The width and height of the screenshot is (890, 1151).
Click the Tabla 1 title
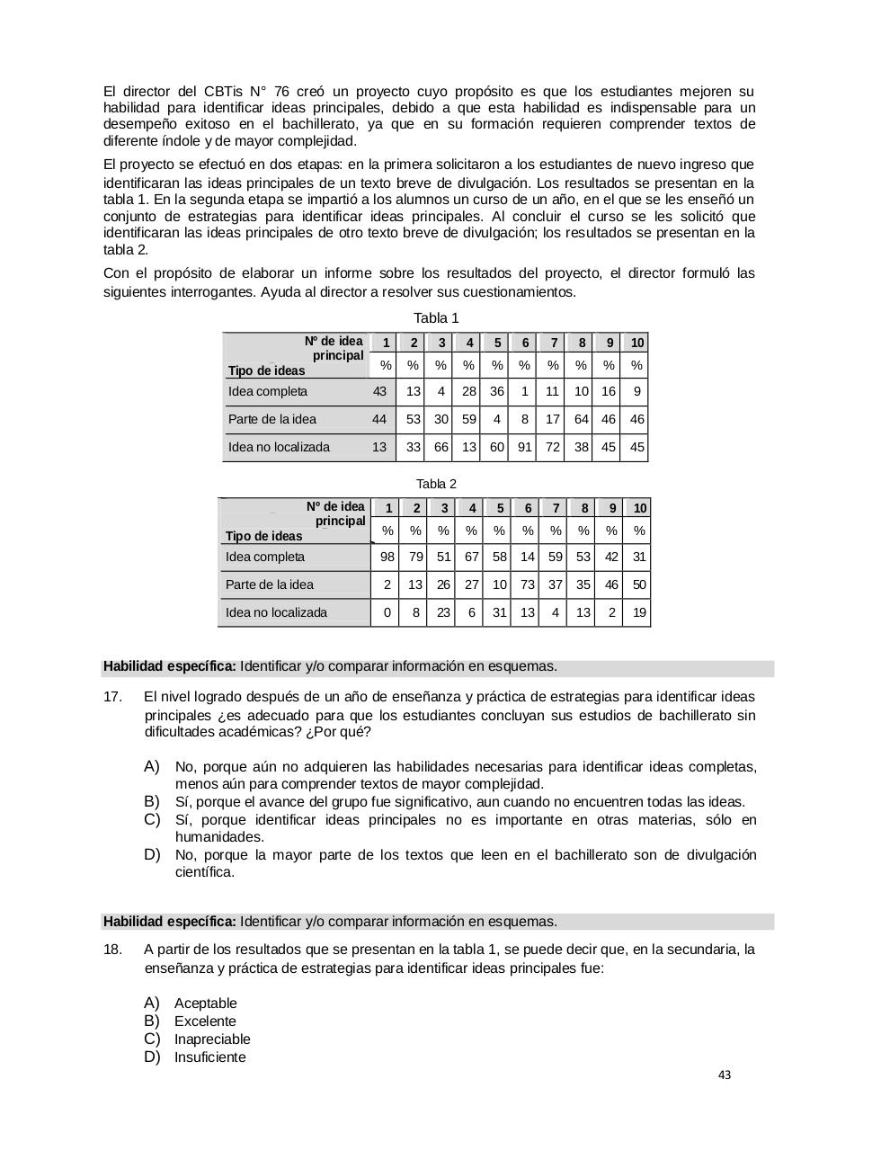(436, 318)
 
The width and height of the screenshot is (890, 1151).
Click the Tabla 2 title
(436, 484)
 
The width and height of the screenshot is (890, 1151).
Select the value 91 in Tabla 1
(524, 447)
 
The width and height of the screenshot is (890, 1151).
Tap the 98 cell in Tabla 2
(387, 557)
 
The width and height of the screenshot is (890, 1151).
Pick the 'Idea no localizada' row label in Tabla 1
(279, 447)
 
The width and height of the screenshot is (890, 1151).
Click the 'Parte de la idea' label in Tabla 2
(270, 584)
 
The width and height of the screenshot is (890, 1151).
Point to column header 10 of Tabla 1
(636, 343)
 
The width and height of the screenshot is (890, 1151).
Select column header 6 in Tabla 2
(528, 508)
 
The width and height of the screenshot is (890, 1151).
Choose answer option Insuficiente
(209, 1057)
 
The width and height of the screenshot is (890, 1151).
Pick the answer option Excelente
(205, 1022)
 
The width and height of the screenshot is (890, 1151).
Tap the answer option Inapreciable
(212, 1039)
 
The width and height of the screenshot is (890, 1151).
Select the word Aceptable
(206, 1004)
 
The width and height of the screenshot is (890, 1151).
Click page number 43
(725, 1075)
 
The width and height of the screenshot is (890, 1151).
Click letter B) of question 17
(151, 801)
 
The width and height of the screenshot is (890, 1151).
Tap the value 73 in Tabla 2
(528, 584)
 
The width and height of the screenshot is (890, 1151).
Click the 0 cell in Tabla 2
(387, 612)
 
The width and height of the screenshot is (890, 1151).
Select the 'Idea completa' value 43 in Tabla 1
(379, 391)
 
